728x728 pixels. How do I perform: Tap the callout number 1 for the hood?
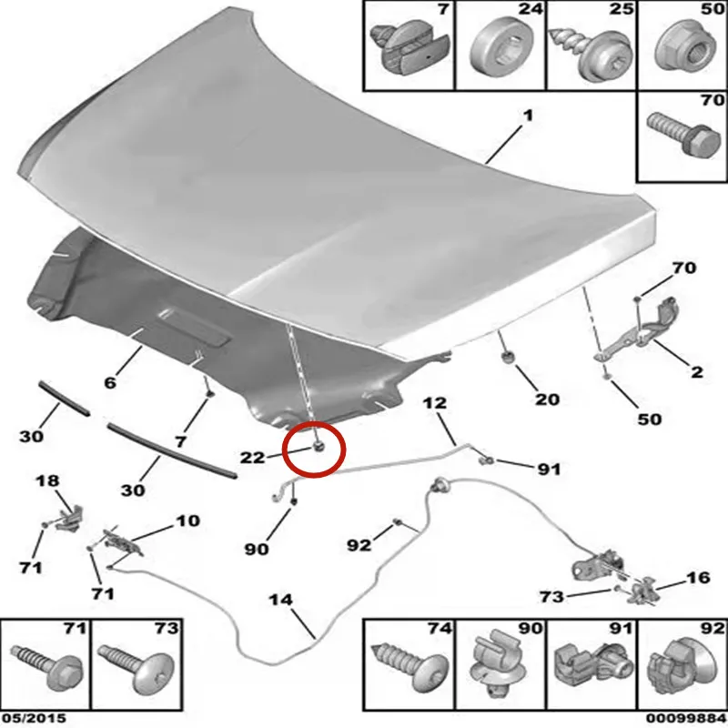528,116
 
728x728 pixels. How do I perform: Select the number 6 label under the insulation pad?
109,382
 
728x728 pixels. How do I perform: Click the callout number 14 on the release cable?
281,600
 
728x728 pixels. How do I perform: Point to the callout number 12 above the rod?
435,403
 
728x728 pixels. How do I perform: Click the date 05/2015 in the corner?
33,719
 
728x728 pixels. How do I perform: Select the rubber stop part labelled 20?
508,358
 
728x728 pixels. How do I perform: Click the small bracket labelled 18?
71,517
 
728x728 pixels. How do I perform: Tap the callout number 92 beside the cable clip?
359,545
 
